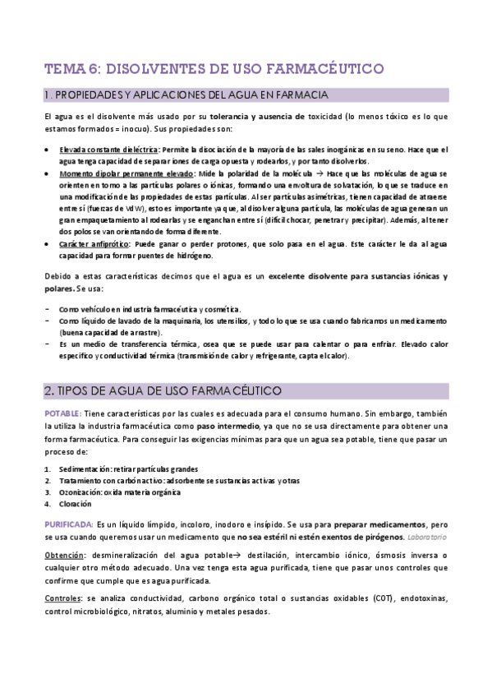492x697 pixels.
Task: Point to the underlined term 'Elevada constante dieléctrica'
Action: click(109, 150)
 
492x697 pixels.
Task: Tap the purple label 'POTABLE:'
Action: click(62, 413)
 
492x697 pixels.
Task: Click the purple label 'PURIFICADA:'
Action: click(68, 524)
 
